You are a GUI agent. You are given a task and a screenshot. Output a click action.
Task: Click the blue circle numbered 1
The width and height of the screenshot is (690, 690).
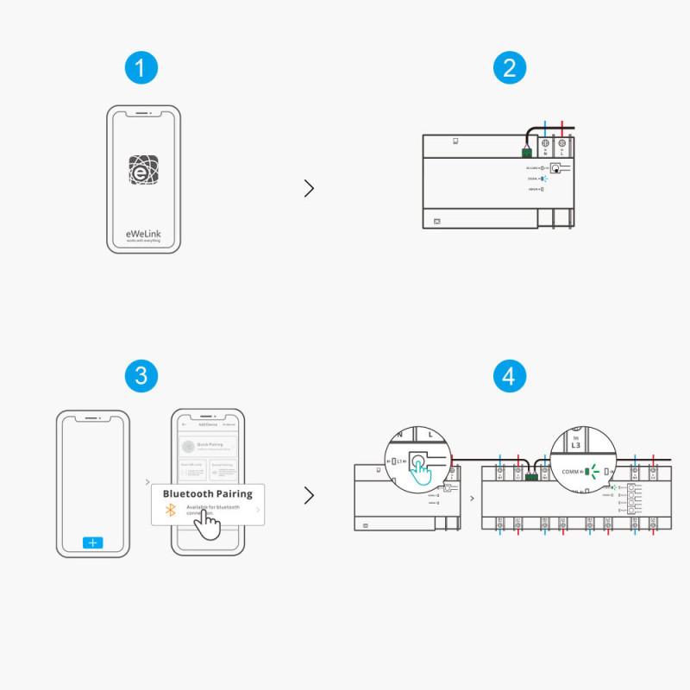pyautogui.click(x=141, y=67)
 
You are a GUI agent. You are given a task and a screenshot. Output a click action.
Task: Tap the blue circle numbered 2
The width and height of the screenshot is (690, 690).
pyautogui.click(x=510, y=67)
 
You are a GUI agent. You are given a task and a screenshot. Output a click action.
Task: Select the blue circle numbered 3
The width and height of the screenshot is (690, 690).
pyautogui.click(x=141, y=375)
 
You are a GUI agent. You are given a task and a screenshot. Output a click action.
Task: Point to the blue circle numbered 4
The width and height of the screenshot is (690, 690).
pyautogui.click(x=510, y=375)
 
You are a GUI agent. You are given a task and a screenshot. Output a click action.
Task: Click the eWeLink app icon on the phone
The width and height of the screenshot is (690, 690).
pyautogui.click(x=144, y=170)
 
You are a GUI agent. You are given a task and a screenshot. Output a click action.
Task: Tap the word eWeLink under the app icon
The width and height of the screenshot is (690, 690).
pyautogui.click(x=143, y=232)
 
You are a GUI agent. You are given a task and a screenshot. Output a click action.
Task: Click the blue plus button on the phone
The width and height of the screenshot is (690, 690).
pyautogui.click(x=93, y=543)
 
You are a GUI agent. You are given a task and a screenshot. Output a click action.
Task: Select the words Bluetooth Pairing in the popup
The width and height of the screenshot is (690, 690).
pyautogui.click(x=207, y=494)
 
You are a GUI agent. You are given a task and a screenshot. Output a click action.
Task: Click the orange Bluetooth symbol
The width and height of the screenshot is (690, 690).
pyautogui.click(x=171, y=511)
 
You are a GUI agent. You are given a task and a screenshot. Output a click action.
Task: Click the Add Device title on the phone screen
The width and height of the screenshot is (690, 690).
pyautogui.click(x=207, y=424)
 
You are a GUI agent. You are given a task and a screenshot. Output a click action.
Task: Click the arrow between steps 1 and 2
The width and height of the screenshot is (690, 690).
pyautogui.click(x=309, y=188)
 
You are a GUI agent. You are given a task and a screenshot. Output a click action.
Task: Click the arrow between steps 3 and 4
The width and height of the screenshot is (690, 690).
pyautogui.click(x=309, y=496)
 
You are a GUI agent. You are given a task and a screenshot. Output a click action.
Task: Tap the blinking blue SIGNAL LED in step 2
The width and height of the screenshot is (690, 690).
pyautogui.click(x=544, y=179)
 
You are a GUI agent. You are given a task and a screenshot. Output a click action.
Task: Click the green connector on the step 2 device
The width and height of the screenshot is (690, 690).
pyautogui.click(x=526, y=151)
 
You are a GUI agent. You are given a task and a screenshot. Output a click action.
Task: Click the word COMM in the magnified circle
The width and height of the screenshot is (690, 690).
pyautogui.click(x=571, y=472)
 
